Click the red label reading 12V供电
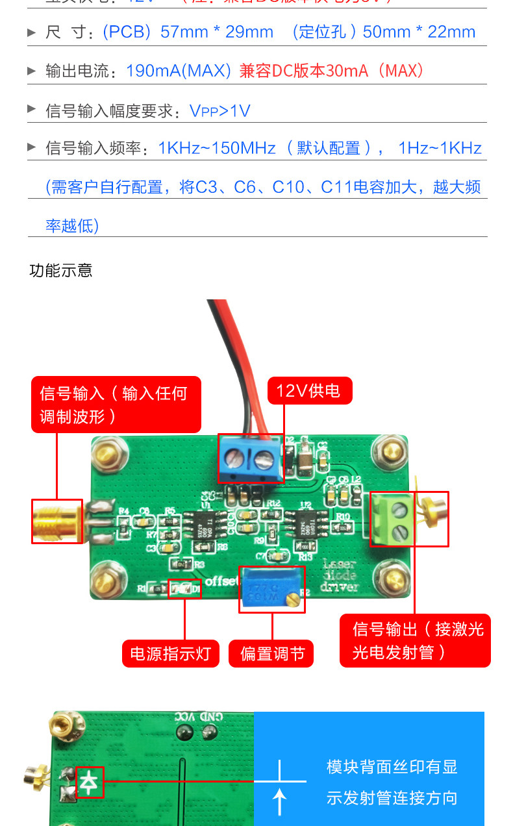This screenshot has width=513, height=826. (310, 391)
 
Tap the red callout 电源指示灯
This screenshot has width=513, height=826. (171, 653)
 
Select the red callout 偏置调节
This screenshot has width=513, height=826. (271, 653)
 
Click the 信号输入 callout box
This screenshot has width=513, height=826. (116, 404)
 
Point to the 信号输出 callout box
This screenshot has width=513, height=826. (415, 640)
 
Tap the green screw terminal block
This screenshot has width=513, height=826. (392, 518)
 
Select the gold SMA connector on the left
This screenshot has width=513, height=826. (57, 521)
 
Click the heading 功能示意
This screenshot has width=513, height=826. (61, 270)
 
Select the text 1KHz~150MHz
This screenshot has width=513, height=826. (217, 148)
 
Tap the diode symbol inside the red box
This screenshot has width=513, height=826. (90, 782)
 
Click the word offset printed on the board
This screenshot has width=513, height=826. (222, 579)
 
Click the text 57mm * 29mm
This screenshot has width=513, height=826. (217, 32)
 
